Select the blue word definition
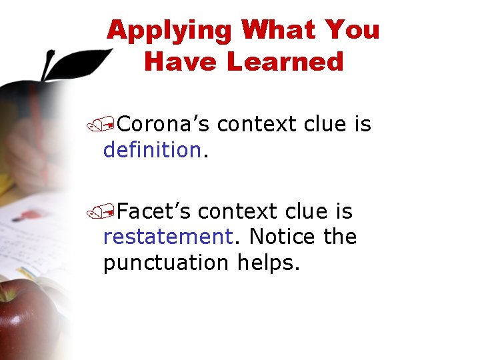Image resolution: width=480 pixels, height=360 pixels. pyautogui.click(x=151, y=150)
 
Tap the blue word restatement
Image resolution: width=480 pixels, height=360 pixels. pyautogui.click(x=165, y=237)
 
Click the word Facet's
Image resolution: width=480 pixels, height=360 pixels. pyautogui.click(x=154, y=211)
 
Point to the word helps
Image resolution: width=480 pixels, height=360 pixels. pyautogui.click(x=268, y=263)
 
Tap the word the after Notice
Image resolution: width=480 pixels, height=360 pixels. pyautogui.click(x=340, y=237)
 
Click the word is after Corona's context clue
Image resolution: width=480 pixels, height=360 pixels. pyautogui.click(x=363, y=124)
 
